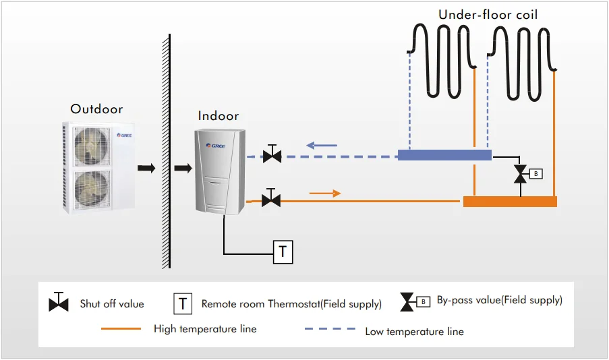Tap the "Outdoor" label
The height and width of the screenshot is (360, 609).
click(x=96, y=109)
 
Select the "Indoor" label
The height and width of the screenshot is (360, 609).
click(x=219, y=116)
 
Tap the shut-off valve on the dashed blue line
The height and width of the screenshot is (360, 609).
click(x=272, y=156)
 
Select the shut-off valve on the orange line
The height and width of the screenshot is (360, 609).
click(x=271, y=199)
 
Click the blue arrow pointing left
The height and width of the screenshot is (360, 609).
click(x=321, y=144)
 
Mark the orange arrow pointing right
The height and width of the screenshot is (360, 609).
click(x=325, y=193)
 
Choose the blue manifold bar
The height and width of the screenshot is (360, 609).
click(x=444, y=155)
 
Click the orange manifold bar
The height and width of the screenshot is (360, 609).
click(x=510, y=201)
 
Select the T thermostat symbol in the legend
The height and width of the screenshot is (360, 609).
click(x=183, y=304)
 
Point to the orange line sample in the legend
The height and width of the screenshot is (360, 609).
click(x=121, y=329)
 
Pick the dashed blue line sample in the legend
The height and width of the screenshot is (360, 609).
click(x=331, y=330)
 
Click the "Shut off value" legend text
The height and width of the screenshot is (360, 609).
click(x=112, y=304)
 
